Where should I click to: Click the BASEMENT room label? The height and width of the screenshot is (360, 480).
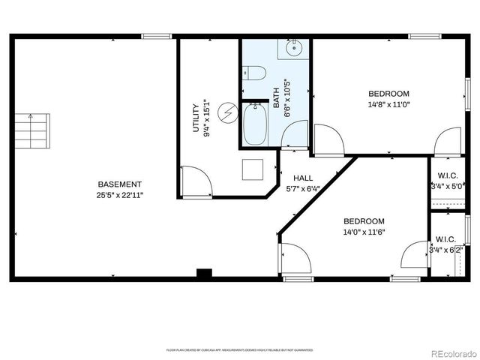pos(119,184)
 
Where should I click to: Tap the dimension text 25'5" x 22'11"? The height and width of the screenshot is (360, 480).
pos(119,195)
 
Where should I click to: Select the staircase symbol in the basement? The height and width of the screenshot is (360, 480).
pos(34,130)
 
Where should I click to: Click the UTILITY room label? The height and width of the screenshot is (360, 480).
pos(196,118)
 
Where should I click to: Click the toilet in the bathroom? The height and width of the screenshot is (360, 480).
pos(254,73)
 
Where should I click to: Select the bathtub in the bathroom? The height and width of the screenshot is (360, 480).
pos(255,124)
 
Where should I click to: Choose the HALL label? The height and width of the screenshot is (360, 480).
pos(302,178)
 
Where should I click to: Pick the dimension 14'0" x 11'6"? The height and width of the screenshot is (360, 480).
pos(364,232)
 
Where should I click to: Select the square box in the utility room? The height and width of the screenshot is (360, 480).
pos(252,169)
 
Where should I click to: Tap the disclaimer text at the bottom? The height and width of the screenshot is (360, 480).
pos(239,349)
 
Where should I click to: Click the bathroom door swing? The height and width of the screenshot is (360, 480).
pos(296,133)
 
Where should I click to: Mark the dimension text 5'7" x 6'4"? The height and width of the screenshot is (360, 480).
pos(302,188)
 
